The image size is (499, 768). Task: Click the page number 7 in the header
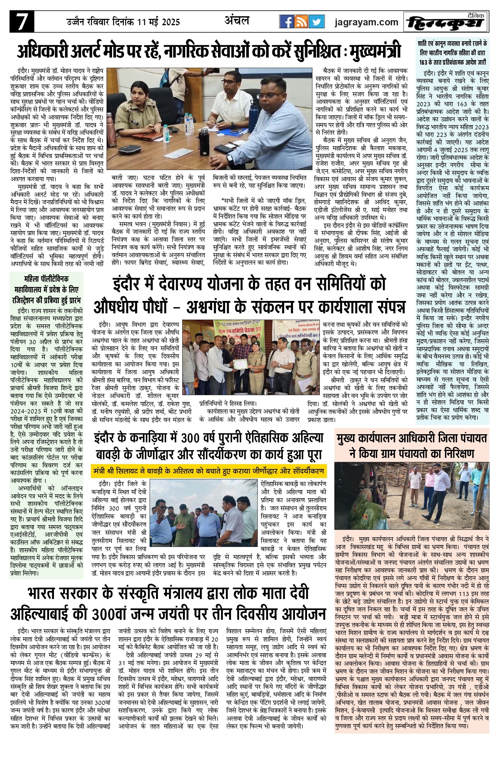coord(22,22)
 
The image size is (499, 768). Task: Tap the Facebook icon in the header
coord(287,22)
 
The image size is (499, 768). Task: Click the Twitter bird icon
coord(316,22)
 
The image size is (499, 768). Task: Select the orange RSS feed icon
coord(301,22)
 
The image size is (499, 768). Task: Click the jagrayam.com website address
coord(366,22)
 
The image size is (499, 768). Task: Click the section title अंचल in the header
coord(237,21)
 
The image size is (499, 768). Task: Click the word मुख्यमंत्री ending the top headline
coord(375,52)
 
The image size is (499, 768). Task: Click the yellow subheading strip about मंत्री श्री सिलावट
coord(209,471)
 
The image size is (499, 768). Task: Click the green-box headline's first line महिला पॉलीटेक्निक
coord(46,279)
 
